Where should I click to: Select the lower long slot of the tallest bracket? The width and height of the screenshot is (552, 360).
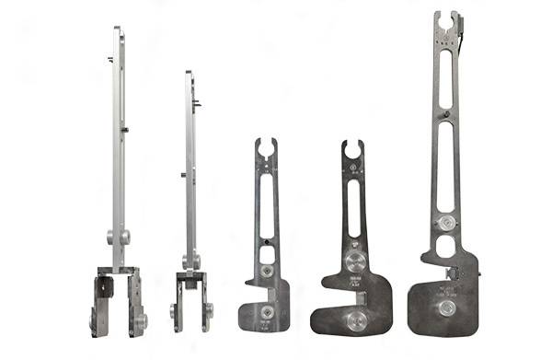445,166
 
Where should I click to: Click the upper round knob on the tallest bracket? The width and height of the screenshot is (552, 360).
446,223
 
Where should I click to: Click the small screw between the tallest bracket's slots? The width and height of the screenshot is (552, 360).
446,115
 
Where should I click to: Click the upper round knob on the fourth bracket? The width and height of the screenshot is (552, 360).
354,261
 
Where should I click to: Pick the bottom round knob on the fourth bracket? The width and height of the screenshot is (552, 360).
354,319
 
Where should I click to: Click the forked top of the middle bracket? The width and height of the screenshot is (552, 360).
266,148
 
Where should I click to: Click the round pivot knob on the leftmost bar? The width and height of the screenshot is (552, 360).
117,237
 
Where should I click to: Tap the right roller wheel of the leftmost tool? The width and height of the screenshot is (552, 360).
141,320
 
